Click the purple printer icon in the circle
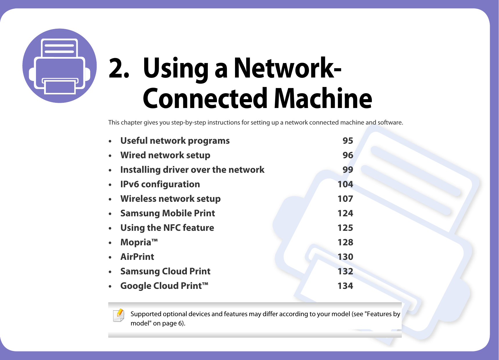[x=59, y=66]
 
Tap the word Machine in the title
[x=323, y=99]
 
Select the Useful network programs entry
[x=175, y=141]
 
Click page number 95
[x=348, y=141]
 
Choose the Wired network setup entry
[x=165, y=155]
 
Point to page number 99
[x=348, y=170]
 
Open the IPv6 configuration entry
[x=160, y=184]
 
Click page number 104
[x=345, y=184]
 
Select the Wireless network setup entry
[x=170, y=199]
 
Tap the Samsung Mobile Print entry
[x=167, y=213]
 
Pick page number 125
[x=345, y=228]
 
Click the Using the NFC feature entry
[x=167, y=228]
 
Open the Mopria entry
[x=139, y=242]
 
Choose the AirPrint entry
[x=137, y=257]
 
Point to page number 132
[x=345, y=271]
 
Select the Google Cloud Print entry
[x=164, y=286]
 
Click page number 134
[x=345, y=286]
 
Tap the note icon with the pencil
[x=119, y=316]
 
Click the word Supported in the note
[x=146, y=314]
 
